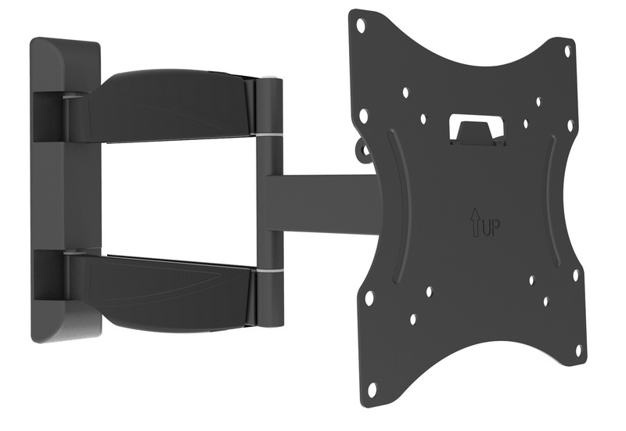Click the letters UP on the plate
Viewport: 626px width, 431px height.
coord(492,228)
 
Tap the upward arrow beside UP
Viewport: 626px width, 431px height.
coord(476,223)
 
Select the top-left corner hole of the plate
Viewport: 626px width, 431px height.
coord(361,26)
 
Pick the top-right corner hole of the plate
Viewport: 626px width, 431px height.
coord(568,51)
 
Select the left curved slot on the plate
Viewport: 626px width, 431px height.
coord(398,207)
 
